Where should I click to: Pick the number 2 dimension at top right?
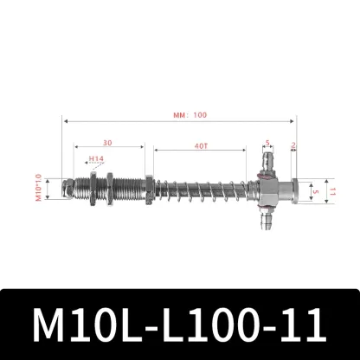(294, 145)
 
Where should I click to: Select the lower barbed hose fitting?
(262, 223)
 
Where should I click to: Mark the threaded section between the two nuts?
(123, 187)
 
